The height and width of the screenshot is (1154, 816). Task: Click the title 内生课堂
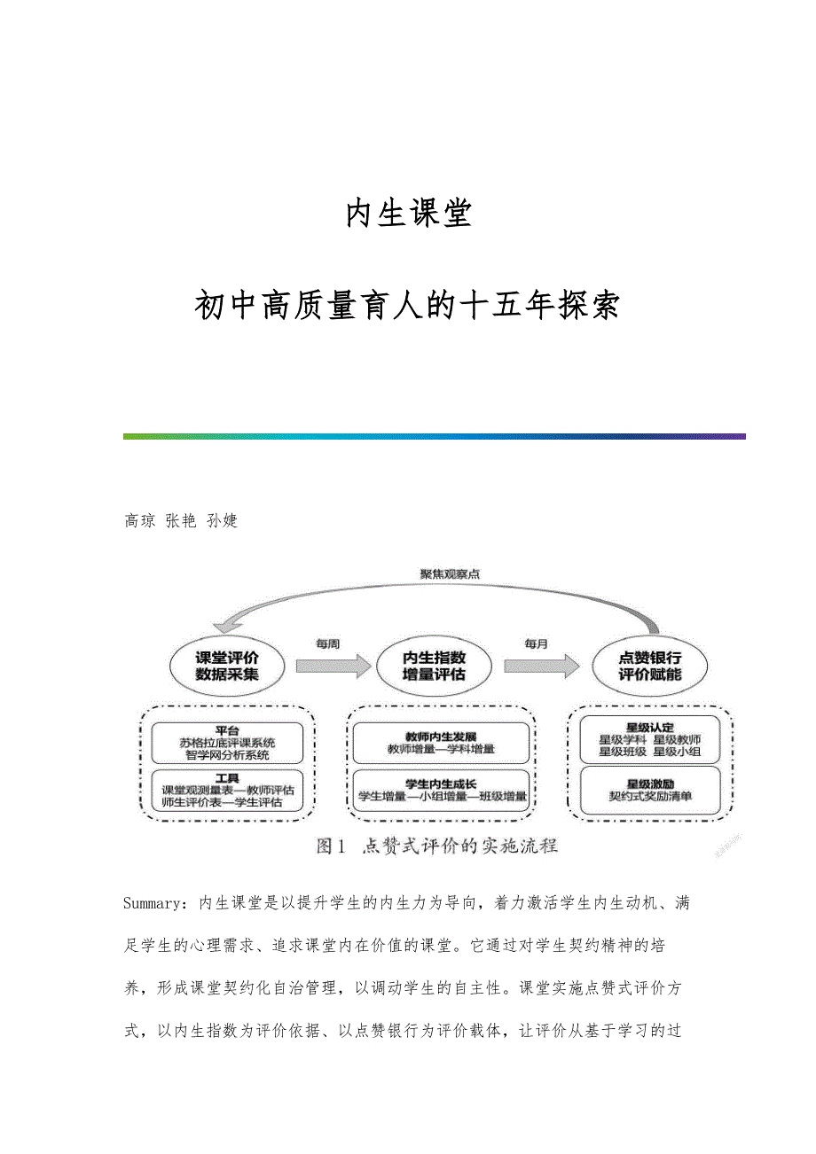(x=408, y=214)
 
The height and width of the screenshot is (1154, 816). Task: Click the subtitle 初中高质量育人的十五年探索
(x=408, y=306)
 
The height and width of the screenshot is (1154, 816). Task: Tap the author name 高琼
(x=139, y=521)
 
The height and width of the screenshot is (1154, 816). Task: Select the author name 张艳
(x=181, y=521)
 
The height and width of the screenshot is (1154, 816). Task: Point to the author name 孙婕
(x=222, y=521)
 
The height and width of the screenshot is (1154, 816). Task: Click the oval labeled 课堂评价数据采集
(x=227, y=667)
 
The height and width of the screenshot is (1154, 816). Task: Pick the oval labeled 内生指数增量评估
(x=435, y=667)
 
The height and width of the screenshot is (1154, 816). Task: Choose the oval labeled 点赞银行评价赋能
(x=650, y=667)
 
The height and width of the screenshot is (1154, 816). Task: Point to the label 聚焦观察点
(x=451, y=573)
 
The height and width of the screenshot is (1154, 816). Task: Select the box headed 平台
(x=227, y=744)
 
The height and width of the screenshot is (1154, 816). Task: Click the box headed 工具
(x=227, y=791)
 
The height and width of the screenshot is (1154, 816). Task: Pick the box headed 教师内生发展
(x=441, y=743)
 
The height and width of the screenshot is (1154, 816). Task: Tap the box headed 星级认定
(x=649, y=740)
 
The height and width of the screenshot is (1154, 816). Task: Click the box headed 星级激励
(x=649, y=790)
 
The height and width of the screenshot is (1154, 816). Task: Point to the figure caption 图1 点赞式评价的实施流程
(x=437, y=846)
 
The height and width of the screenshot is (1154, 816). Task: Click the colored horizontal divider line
(x=434, y=436)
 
